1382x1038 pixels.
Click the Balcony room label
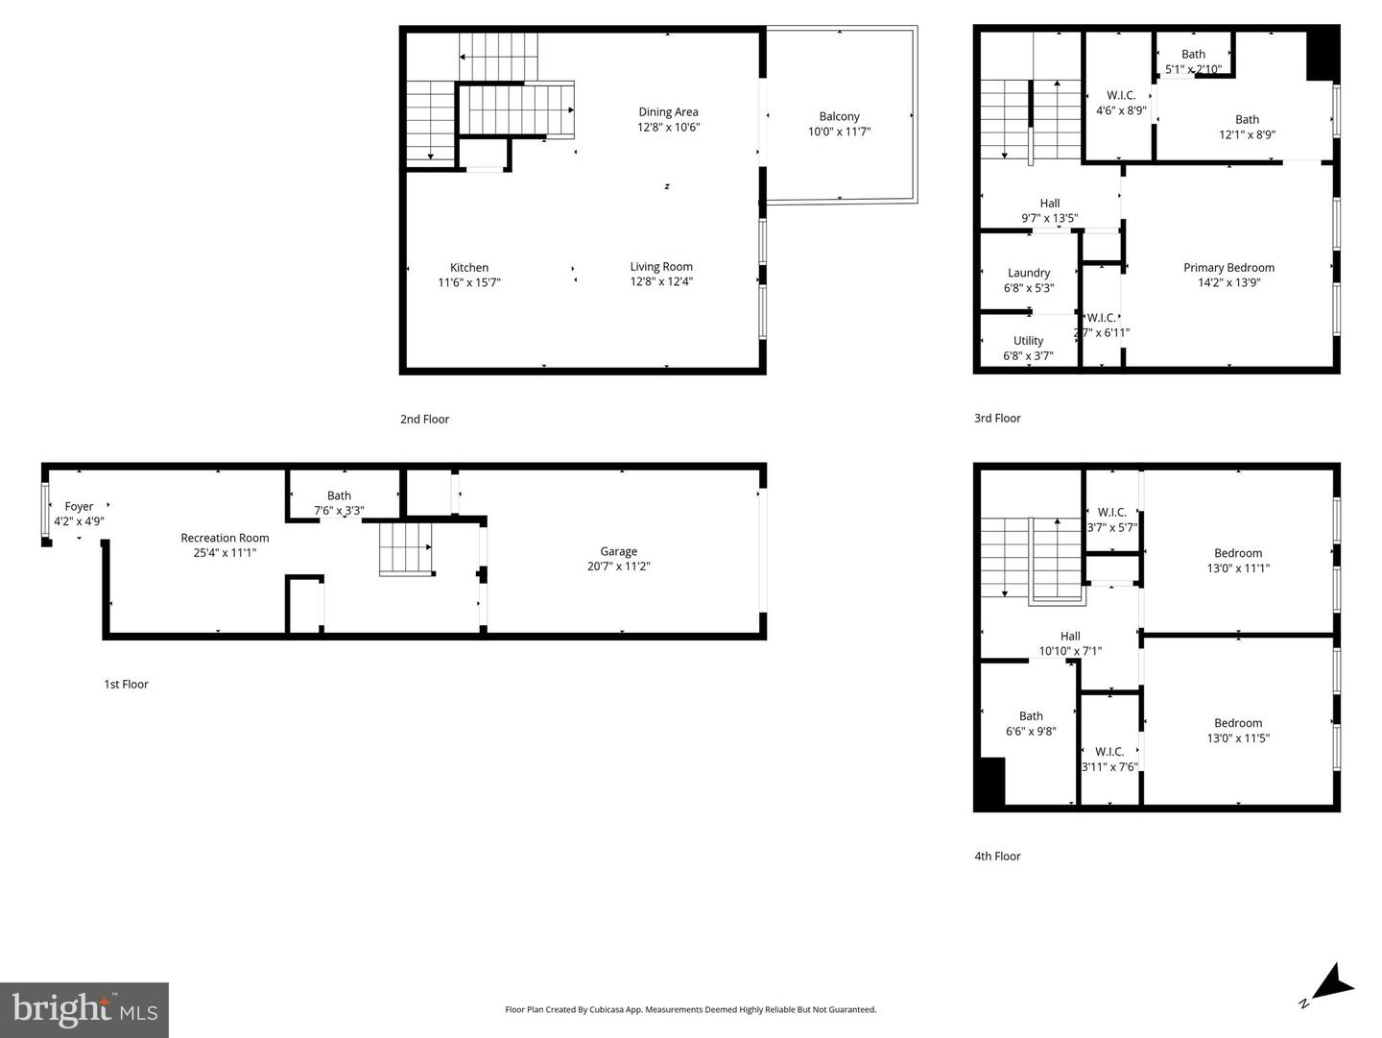[839, 116]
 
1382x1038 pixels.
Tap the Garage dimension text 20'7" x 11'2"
[618, 567]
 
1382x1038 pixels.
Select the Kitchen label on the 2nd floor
[469, 268]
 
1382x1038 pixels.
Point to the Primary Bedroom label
[1228, 268]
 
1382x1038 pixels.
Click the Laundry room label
[1029, 273]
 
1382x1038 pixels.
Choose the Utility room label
[1028, 341]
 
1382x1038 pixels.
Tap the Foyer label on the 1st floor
[79, 506]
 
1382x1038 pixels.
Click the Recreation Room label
[225, 538]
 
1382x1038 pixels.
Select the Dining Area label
[668, 112]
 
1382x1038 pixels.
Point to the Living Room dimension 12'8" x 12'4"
[661, 282]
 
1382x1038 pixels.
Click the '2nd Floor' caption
[424, 419]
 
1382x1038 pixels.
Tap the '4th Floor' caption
[997, 857]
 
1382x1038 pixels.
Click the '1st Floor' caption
[126, 685]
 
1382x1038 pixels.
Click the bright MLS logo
[84, 1010]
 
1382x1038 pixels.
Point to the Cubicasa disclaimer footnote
[690, 1009]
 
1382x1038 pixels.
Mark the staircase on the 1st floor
[407, 548]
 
